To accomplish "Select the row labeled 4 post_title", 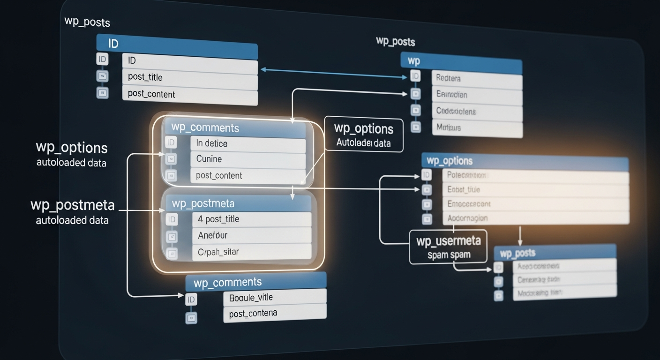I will (x=251, y=219).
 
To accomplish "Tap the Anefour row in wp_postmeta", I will (x=251, y=235).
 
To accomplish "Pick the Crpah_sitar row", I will (x=251, y=252).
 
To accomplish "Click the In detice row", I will (x=247, y=144).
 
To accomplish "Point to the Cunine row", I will (x=247, y=159).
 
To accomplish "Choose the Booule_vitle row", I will (x=274, y=297).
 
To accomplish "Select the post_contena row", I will (x=274, y=313).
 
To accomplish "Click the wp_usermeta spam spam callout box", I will (x=448, y=247).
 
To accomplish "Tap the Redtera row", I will (x=476, y=79).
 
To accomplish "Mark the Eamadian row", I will (x=476, y=95).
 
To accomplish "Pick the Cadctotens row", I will (x=476, y=112).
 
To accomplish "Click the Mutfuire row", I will (x=476, y=127).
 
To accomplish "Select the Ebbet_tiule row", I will (x=534, y=190).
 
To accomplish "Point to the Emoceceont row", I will (x=534, y=204).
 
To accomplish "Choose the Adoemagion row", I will (x=534, y=218).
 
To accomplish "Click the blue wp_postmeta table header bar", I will (x=239, y=203).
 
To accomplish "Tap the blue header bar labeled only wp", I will (x=461, y=61).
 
